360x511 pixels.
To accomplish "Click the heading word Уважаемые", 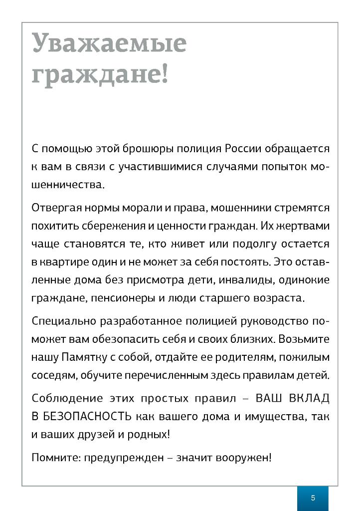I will (x=109, y=43).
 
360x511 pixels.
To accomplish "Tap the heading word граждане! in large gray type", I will (x=100, y=75).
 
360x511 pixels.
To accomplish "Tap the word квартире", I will (x=62, y=262).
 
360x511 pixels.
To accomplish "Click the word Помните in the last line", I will (x=49, y=457).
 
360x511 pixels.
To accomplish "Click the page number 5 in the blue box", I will (x=313, y=498).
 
